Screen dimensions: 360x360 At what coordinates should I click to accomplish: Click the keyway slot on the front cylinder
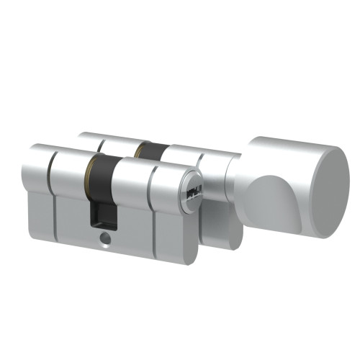point(194,192)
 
